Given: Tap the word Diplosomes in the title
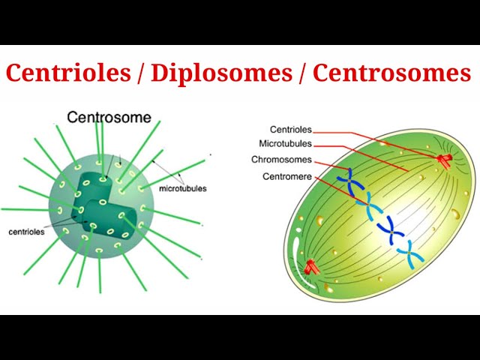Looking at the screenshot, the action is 223,73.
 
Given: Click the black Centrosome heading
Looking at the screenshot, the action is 109,117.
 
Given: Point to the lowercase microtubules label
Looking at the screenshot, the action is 183,188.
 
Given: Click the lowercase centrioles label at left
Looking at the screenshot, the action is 26,232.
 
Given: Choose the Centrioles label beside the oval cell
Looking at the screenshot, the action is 291,130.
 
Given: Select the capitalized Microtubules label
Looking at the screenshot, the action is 286,144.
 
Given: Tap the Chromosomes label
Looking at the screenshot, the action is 282,160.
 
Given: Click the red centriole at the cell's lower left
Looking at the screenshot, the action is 311,266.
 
